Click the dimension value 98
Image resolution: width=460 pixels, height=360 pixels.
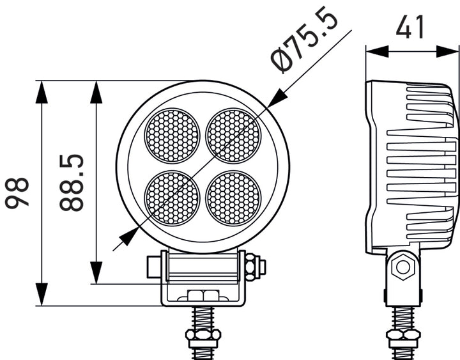coord(19,193)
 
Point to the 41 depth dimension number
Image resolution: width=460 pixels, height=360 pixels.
coord(411,27)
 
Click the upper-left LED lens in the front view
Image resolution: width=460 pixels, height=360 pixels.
coord(172,135)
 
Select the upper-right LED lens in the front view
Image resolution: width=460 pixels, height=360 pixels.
coord(234,135)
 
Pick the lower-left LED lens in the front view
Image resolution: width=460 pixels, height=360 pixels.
coord(172,196)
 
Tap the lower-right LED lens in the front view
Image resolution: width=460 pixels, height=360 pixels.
coord(234,196)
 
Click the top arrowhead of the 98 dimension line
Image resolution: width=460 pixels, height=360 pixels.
coord(42,91)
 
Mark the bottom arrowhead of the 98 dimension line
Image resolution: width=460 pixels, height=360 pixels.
coord(42,295)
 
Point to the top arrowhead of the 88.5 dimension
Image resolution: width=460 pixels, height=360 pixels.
coord(96,91)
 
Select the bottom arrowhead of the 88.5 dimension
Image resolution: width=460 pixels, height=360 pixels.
coord(96,273)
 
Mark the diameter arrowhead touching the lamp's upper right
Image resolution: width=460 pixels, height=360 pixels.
coord(277,98)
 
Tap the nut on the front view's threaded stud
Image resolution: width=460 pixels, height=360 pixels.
coord(203,335)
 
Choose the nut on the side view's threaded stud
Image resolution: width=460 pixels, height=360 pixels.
coord(403,336)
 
